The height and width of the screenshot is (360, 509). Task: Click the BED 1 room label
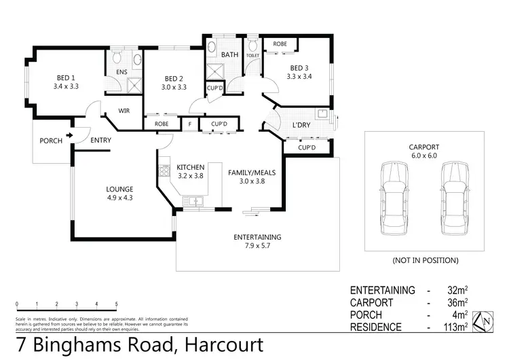click(66, 77)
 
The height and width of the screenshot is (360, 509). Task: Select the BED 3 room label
click(299, 68)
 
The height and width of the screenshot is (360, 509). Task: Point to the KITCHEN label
click(190, 166)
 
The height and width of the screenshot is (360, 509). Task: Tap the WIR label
click(124, 111)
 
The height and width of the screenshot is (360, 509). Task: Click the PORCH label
click(51, 141)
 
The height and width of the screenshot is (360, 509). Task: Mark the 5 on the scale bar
click(117, 303)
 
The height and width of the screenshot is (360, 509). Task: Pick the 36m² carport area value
click(457, 302)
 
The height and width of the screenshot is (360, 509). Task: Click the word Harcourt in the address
click(221, 344)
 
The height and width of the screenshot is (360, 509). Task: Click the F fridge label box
click(189, 124)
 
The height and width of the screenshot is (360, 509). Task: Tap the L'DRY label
click(301, 126)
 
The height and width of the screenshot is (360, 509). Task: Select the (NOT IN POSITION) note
click(425, 260)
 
